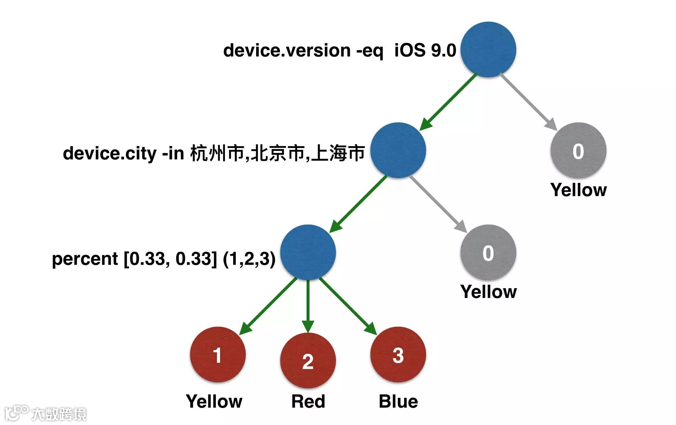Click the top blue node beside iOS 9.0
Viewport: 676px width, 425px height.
pyautogui.click(x=488, y=50)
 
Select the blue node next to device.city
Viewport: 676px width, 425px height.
pyautogui.click(x=398, y=150)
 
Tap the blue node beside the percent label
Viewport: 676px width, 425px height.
pyautogui.click(x=308, y=252)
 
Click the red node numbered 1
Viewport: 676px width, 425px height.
pyautogui.click(x=218, y=355)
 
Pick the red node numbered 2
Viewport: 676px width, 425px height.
pyautogui.click(x=308, y=360)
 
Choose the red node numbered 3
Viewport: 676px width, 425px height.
pyautogui.click(x=398, y=355)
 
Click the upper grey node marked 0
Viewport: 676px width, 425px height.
pyautogui.click(x=578, y=151)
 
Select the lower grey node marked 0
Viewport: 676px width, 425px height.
pyautogui.click(x=488, y=252)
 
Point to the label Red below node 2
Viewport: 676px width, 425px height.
pyautogui.click(x=308, y=401)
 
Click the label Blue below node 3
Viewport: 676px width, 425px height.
pyautogui.click(x=398, y=401)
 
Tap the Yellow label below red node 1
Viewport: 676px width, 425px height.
pyautogui.click(x=214, y=401)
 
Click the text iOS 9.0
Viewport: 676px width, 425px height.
pyautogui.click(x=425, y=50)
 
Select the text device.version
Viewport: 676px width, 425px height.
pyautogui.click(x=287, y=50)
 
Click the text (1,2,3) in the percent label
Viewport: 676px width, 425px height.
pyautogui.click(x=249, y=259)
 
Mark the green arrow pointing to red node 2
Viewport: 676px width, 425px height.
pyautogui.click(x=308, y=305)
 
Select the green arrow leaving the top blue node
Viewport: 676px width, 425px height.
pyautogui.click(x=449, y=102)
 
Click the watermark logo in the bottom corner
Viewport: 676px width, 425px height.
pyautogui.click(x=46, y=413)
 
